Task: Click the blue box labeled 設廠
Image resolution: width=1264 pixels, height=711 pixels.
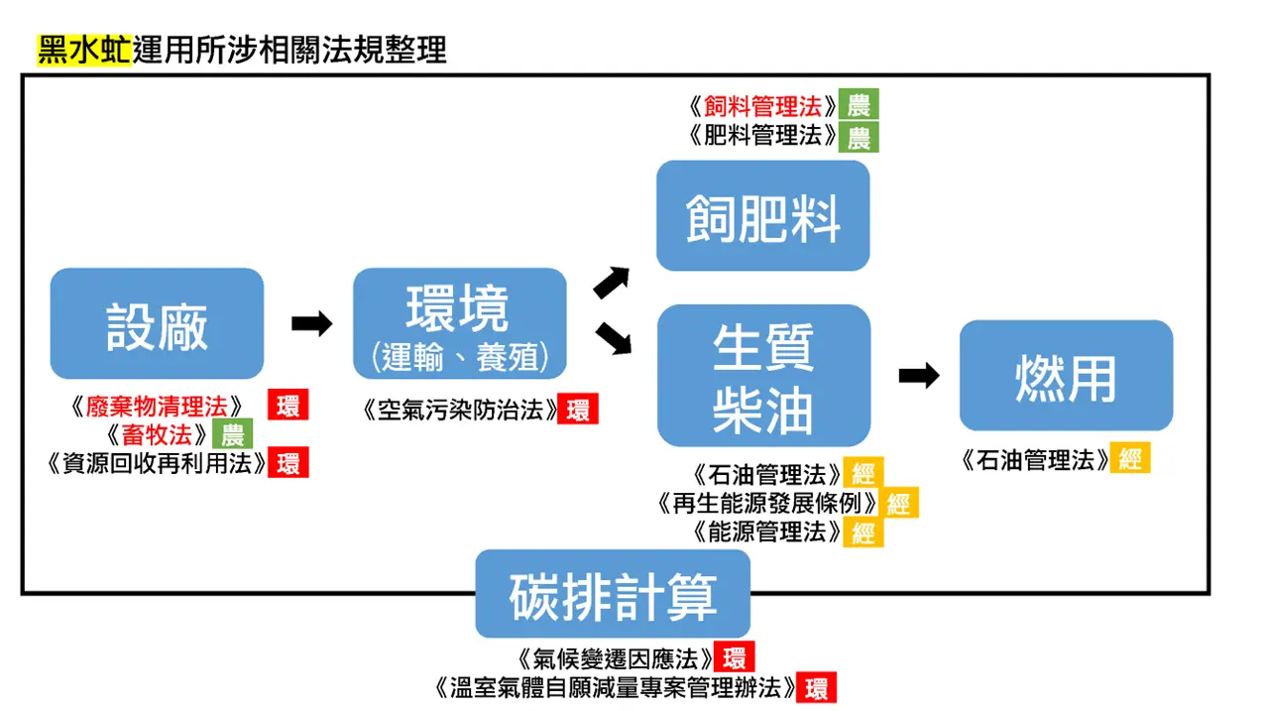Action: (157, 323)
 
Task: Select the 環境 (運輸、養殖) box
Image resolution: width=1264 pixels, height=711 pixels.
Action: (459, 323)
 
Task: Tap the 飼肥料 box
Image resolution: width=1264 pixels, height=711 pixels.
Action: (762, 215)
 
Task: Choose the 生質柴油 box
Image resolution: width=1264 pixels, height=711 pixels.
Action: (762, 375)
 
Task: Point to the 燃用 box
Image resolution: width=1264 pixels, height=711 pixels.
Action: (1066, 375)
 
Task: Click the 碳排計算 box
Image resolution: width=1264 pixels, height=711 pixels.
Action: (613, 594)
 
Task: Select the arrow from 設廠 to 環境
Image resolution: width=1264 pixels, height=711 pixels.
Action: (311, 323)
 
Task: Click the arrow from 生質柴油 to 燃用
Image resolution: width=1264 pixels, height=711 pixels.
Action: (918, 376)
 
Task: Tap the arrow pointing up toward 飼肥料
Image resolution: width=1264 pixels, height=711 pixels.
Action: (612, 282)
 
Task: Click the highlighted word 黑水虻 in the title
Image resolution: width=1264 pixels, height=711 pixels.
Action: (84, 50)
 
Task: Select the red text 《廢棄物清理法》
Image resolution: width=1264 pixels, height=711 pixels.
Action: (158, 406)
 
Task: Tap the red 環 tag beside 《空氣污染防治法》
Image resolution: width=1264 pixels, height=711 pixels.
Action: (577, 410)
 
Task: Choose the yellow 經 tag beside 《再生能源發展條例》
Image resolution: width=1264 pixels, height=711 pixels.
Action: (898, 503)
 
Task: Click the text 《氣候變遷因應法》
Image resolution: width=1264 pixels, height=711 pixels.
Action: (615, 657)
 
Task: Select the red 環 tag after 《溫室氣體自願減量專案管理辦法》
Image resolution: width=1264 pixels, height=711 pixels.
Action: (817, 687)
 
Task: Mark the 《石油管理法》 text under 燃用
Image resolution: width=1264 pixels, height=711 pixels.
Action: (1034, 460)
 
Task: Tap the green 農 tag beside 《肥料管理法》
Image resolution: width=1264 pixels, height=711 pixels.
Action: (858, 136)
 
